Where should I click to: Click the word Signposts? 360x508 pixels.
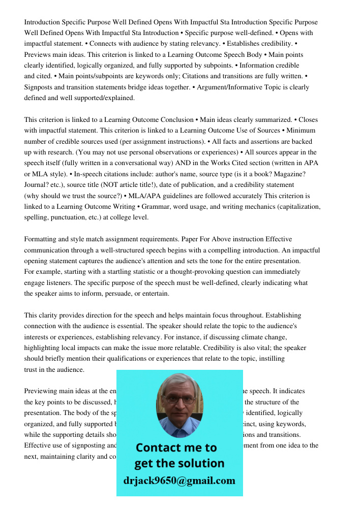[40, 87]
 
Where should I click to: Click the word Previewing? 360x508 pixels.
[41, 391]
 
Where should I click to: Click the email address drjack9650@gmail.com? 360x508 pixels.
[179, 481]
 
